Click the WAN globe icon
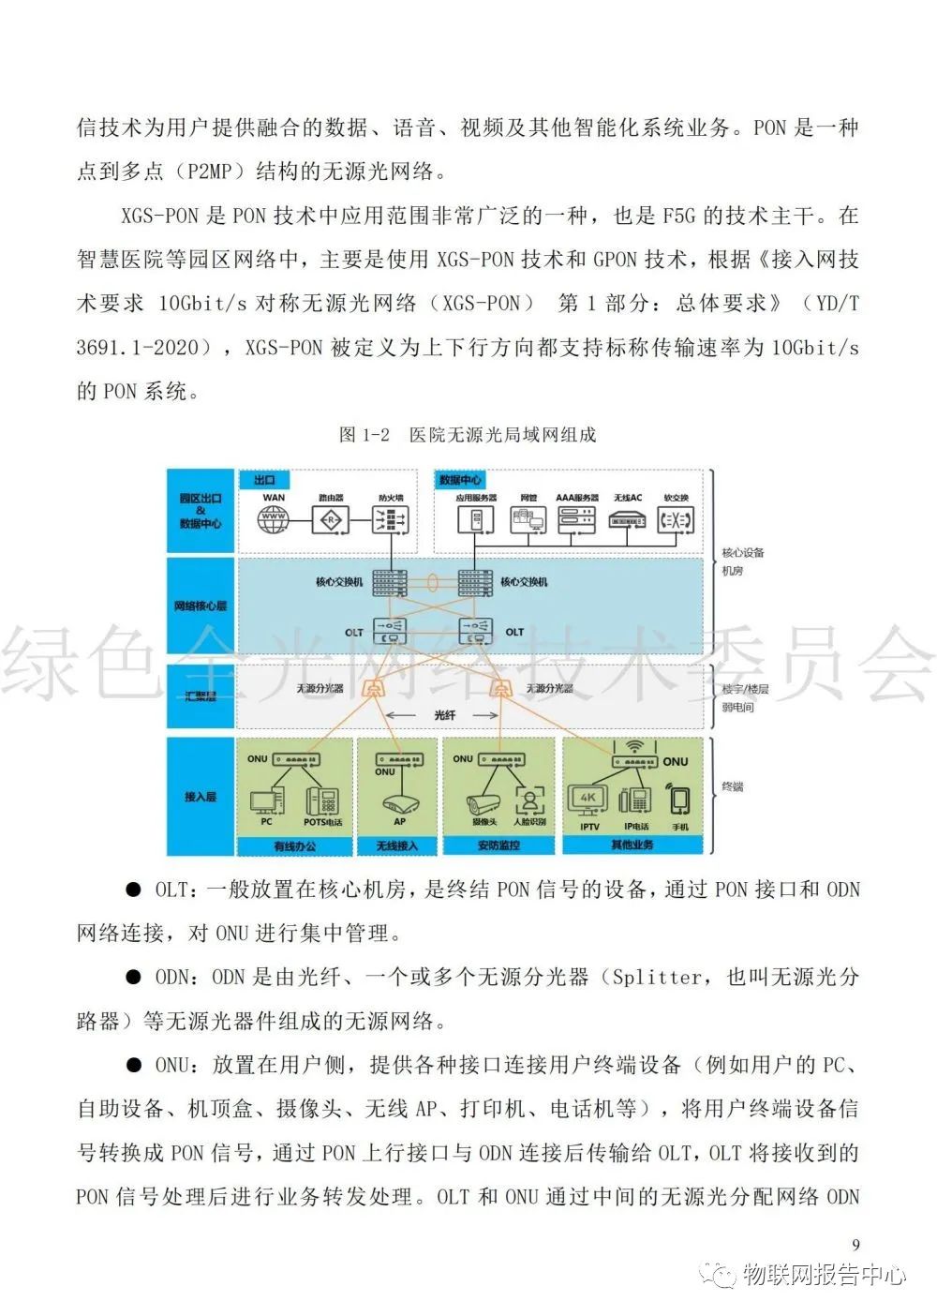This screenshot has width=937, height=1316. click(274, 519)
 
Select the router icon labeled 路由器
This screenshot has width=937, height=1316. click(331, 519)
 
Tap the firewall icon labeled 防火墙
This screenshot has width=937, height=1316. click(391, 519)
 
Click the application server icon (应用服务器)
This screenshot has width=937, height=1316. click(476, 519)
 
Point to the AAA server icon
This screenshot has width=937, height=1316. click(576, 519)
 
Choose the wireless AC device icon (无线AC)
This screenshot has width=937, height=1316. click(627, 519)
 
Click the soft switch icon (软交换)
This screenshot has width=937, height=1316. click(676, 519)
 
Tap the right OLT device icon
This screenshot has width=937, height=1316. click(475, 629)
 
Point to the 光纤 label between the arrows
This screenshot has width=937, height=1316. click(445, 714)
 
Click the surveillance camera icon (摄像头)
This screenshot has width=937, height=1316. click(483, 802)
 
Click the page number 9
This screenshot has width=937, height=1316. click(855, 1245)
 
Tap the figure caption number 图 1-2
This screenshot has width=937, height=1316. click(364, 435)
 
